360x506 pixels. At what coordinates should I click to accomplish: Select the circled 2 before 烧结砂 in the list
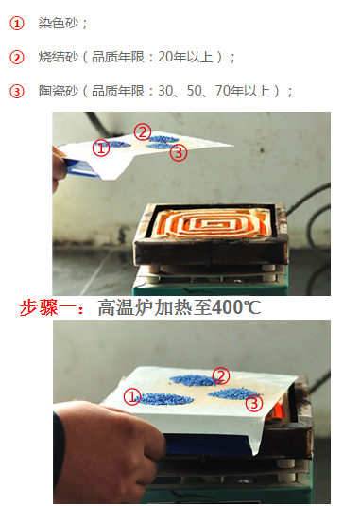coord(16,57)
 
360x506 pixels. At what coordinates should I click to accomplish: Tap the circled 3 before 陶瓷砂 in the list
coord(16,91)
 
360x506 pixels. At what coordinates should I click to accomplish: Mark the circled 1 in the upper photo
coord(101,148)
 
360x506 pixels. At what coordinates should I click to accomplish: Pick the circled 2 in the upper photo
coord(142,131)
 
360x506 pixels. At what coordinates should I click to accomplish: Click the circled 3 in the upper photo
coord(180,151)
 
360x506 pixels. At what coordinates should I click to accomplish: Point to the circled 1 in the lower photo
coord(132,397)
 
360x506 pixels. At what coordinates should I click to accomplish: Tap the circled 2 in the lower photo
coord(221,375)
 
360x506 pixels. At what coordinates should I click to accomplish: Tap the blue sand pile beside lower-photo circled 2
coord(193,379)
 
